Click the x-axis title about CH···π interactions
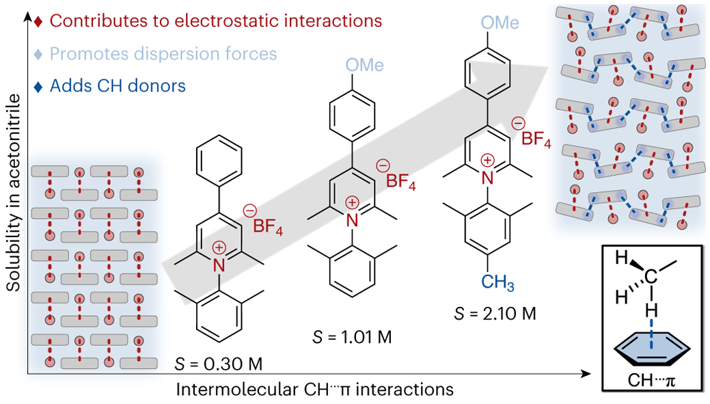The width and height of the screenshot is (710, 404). tap(315, 390)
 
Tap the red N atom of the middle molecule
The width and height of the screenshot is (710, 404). tap(353, 218)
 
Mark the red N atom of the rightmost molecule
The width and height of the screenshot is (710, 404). tap(487, 178)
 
